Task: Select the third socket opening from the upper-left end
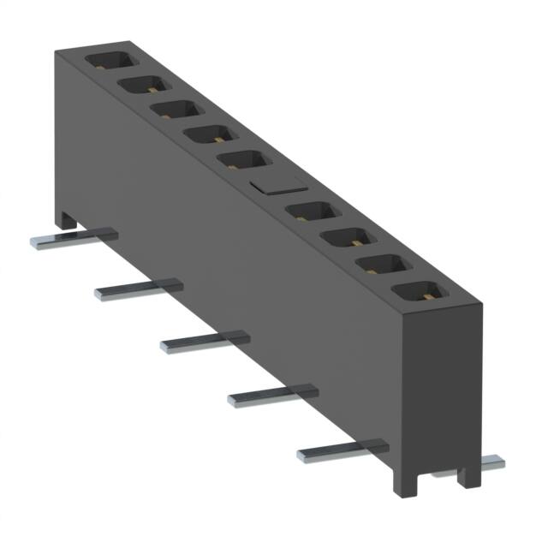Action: pos(176,110)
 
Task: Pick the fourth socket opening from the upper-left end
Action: pos(209,134)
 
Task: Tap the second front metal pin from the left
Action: pos(137,289)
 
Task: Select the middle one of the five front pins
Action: pos(204,340)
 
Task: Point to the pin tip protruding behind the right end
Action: pos(490,462)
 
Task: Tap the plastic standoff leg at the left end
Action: pos(67,221)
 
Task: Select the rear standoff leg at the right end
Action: pos(467,473)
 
